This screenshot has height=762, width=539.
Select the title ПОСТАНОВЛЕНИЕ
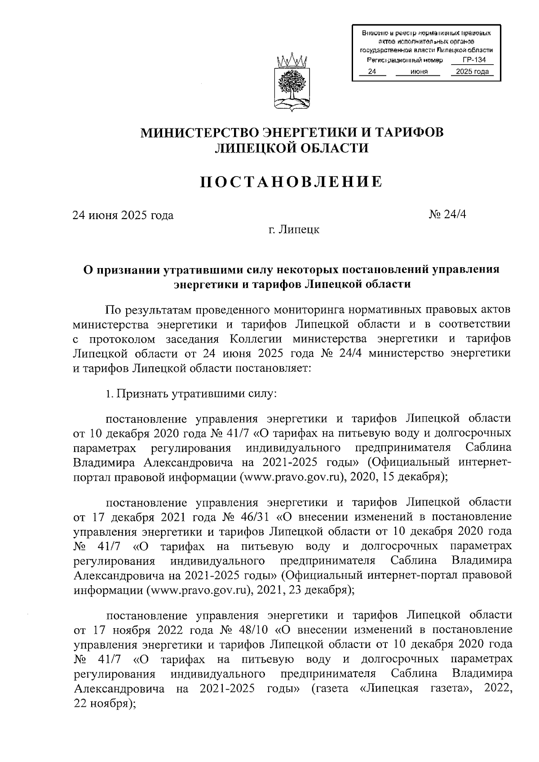pos(292,181)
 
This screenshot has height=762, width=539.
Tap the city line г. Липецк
pos(294,229)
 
